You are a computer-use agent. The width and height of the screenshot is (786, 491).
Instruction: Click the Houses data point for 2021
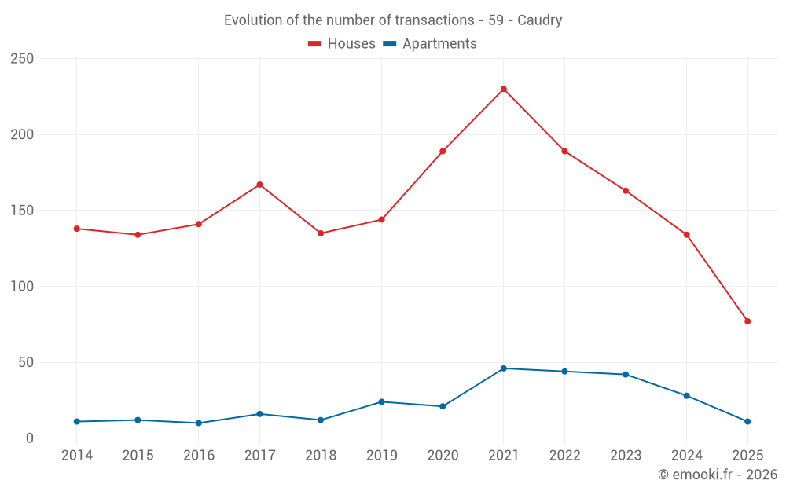pyautogui.click(x=504, y=89)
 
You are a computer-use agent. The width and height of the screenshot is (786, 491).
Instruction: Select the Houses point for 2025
pyautogui.click(x=747, y=321)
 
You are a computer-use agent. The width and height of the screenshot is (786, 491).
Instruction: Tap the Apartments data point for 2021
pyautogui.click(x=504, y=368)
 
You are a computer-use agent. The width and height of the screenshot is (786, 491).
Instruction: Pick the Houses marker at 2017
pyautogui.click(x=259, y=185)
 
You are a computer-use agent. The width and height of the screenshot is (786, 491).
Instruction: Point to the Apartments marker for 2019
pyautogui.click(x=382, y=401)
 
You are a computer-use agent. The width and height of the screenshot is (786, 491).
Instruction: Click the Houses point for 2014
pyautogui.click(x=77, y=229)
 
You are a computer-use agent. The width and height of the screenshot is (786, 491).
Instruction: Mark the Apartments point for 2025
pyautogui.click(x=747, y=422)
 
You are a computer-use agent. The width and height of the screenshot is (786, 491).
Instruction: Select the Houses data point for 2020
pyautogui.click(x=443, y=151)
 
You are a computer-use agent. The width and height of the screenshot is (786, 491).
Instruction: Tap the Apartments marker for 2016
pyautogui.click(x=199, y=423)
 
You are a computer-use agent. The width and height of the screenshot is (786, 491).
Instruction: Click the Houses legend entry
pyautogui.click(x=342, y=44)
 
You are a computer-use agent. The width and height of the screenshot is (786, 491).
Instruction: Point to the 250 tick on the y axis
pyautogui.click(x=22, y=59)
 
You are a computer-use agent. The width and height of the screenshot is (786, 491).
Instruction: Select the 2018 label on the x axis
pyautogui.click(x=321, y=456)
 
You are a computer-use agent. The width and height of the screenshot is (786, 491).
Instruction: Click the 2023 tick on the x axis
pyautogui.click(x=626, y=456)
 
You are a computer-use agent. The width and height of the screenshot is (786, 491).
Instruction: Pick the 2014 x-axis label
pyautogui.click(x=77, y=456)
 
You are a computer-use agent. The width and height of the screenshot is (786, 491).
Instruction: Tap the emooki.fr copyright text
pyautogui.click(x=717, y=475)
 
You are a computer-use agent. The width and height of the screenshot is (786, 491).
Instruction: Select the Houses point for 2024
pyautogui.click(x=686, y=235)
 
